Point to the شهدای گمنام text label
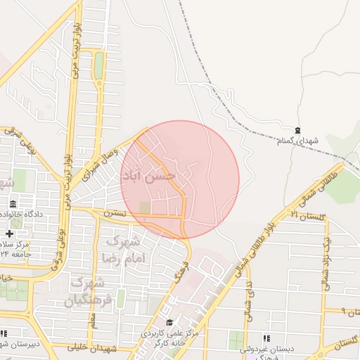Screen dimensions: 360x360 click(297, 141)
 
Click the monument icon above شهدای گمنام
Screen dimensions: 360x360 click(297, 130)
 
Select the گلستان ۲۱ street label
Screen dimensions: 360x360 click(309, 215)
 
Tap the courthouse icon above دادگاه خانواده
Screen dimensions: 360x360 click(12, 203)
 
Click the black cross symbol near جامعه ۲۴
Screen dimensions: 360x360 click(8, 233)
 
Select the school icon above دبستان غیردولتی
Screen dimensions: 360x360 click(266, 338)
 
